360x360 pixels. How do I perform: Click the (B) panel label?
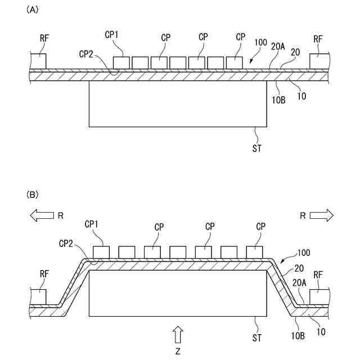click(x=32, y=194)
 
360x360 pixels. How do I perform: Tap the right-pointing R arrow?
click(x=321, y=214)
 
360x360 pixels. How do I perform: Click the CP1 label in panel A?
click(x=112, y=35)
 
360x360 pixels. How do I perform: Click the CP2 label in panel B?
click(x=66, y=243)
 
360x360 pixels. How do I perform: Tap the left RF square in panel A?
click(x=38, y=62)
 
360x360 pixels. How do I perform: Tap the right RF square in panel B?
click(x=318, y=298)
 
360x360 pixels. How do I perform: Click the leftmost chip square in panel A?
click(x=121, y=62)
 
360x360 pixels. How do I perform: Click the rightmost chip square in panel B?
click(x=254, y=251)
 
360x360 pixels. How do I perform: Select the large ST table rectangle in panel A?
click(x=178, y=103)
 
